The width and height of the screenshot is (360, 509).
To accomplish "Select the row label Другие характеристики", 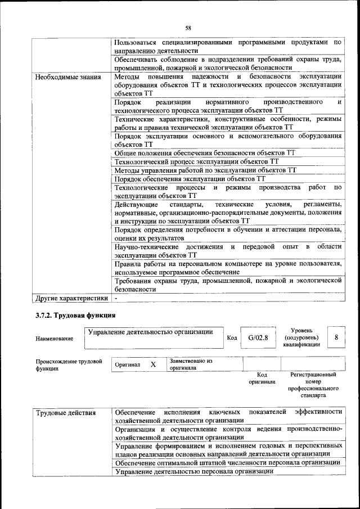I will [71, 298].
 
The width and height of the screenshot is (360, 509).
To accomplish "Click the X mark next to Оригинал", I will [153, 364].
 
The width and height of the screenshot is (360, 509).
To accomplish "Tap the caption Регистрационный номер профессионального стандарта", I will [313, 385].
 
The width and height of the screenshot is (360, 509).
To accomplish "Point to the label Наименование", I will [54, 339].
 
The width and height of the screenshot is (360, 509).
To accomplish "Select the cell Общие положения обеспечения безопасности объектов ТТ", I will [205, 152].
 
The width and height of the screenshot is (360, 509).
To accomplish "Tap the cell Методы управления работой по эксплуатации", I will [205, 170].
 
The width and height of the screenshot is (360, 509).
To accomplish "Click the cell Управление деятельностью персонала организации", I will [190, 471].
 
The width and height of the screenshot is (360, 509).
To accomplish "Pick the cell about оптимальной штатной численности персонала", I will [227, 462].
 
